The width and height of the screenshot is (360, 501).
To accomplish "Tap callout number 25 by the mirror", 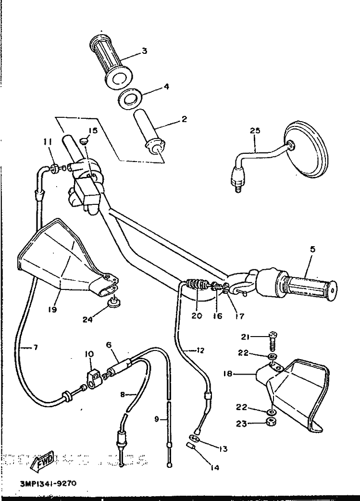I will point(255,130).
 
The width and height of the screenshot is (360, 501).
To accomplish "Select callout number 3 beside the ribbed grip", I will point(144,50).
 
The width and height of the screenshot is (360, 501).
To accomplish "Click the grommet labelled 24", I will point(114,302).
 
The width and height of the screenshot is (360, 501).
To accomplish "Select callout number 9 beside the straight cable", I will point(156,419).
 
